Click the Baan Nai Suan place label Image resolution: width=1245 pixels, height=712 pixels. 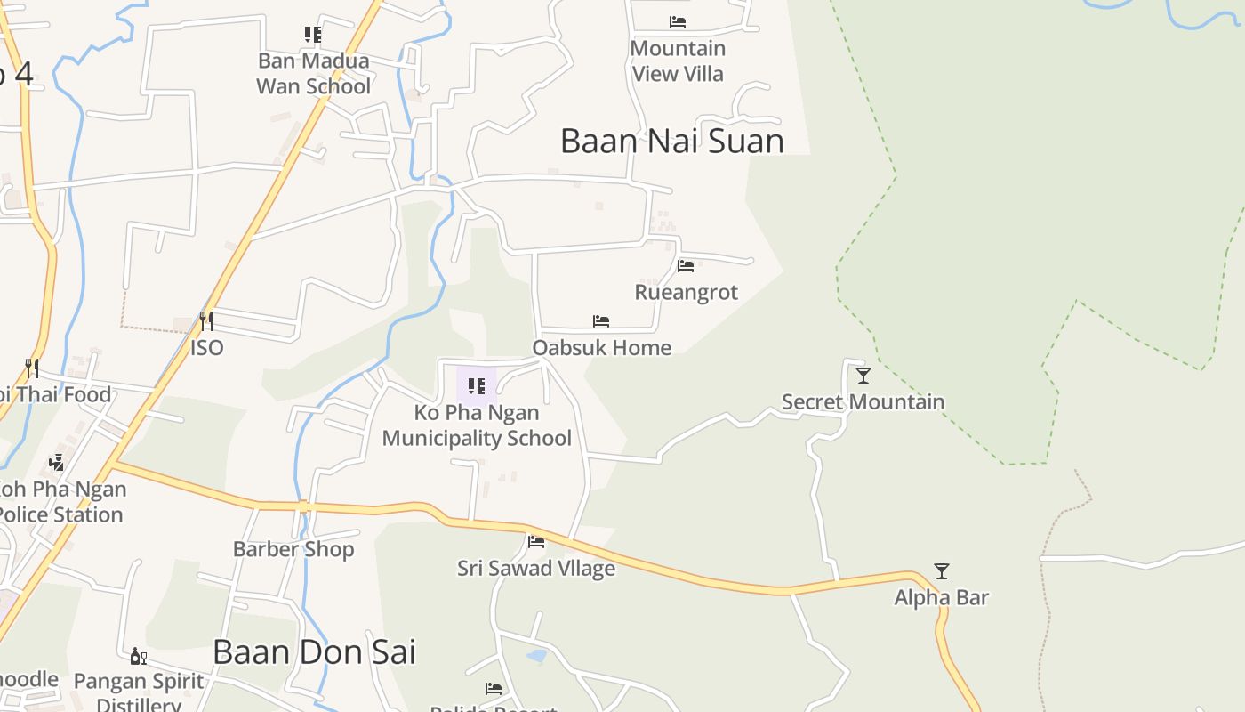pyautogui.click(x=671, y=141)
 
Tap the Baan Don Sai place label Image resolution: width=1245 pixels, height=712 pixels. pyautogui.click(x=314, y=652)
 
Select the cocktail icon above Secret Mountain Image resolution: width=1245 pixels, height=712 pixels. pyautogui.click(x=863, y=376)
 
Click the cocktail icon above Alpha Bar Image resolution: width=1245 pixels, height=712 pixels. pyautogui.click(x=941, y=571)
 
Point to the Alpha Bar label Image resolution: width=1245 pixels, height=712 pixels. pyautogui.click(x=941, y=597)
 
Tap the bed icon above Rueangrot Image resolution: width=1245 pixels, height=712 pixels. pyautogui.click(x=685, y=266)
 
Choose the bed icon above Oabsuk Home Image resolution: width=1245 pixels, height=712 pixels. pyautogui.click(x=601, y=321)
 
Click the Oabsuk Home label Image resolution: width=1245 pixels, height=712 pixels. pyautogui.click(x=601, y=347)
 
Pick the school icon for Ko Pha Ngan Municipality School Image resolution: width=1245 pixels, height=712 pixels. pyautogui.click(x=477, y=386)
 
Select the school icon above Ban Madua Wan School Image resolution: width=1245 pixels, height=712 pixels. pyautogui.click(x=313, y=35)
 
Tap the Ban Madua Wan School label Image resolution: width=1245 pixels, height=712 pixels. pyautogui.click(x=313, y=74)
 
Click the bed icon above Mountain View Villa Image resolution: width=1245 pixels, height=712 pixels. pyautogui.click(x=678, y=22)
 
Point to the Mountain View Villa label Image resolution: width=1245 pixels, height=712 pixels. pyautogui.click(x=678, y=61)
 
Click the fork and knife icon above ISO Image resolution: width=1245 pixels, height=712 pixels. pyautogui.click(x=205, y=320)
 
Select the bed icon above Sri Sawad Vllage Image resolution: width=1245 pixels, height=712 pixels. pyautogui.click(x=535, y=541)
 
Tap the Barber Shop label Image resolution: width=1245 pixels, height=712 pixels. pyautogui.click(x=293, y=549)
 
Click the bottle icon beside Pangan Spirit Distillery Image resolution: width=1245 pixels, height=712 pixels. pyautogui.click(x=138, y=657)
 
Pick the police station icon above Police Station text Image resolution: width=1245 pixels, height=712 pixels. pyautogui.click(x=57, y=462)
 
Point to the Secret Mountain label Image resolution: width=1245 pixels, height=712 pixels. pyautogui.click(x=863, y=401)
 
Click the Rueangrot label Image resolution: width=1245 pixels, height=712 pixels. pyautogui.click(x=686, y=292)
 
